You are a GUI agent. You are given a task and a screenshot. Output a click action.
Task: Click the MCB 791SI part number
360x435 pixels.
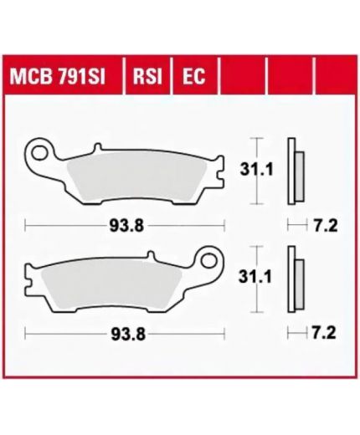click(x=58, y=76)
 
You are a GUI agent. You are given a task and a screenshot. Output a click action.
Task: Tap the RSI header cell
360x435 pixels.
click(x=147, y=76)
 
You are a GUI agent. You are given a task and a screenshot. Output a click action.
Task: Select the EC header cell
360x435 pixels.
click(x=194, y=76)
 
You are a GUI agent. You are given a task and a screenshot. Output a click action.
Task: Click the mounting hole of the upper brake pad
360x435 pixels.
click(x=39, y=153)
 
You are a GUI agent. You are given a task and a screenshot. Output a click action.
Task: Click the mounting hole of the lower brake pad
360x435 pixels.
click(x=209, y=261)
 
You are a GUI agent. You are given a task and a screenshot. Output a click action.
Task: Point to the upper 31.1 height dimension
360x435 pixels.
click(x=256, y=169)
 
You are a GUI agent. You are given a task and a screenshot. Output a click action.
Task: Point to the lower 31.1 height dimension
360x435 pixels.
click(x=255, y=277)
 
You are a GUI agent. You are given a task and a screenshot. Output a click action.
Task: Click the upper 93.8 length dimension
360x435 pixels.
click(x=126, y=225)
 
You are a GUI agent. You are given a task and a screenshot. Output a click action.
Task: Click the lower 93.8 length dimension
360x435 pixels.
click(x=128, y=334)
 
